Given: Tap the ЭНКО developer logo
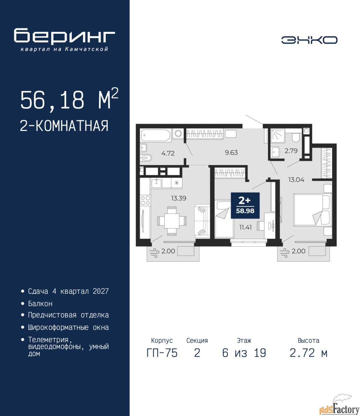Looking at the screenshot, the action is pyautogui.click(x=309, y=40).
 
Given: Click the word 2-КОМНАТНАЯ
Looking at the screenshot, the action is pyautogui.click(x=64, y=126).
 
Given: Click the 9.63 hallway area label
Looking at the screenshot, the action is pyautogui.click(x=231, y=152).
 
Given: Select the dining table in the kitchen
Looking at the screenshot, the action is pyautogui.click(x=172, y=221).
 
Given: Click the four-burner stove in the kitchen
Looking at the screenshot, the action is pyautogui.click(x=145, y=200).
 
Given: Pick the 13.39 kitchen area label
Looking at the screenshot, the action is pyautogui.click(x=179, y=198).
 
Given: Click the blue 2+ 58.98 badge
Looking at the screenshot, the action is pyautogui.click(x=245, y=205).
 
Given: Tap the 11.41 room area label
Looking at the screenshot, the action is pyautogui.click(x=245, y=227).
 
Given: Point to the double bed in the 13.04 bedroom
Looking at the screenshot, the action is pyautogui.click(x=312, y=210).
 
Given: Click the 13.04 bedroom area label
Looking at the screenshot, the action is pyautogui.click(x=296, y=179).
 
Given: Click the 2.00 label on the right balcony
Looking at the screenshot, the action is pyautogui.click(x=299, y=251).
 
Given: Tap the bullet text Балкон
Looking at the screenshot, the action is pyautogui.click(x=40, y=304).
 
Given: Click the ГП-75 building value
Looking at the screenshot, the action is pyautogui.click(x=162, y=353).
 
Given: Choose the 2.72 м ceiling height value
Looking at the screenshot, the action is pyautogui.click(x=308, y=353).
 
